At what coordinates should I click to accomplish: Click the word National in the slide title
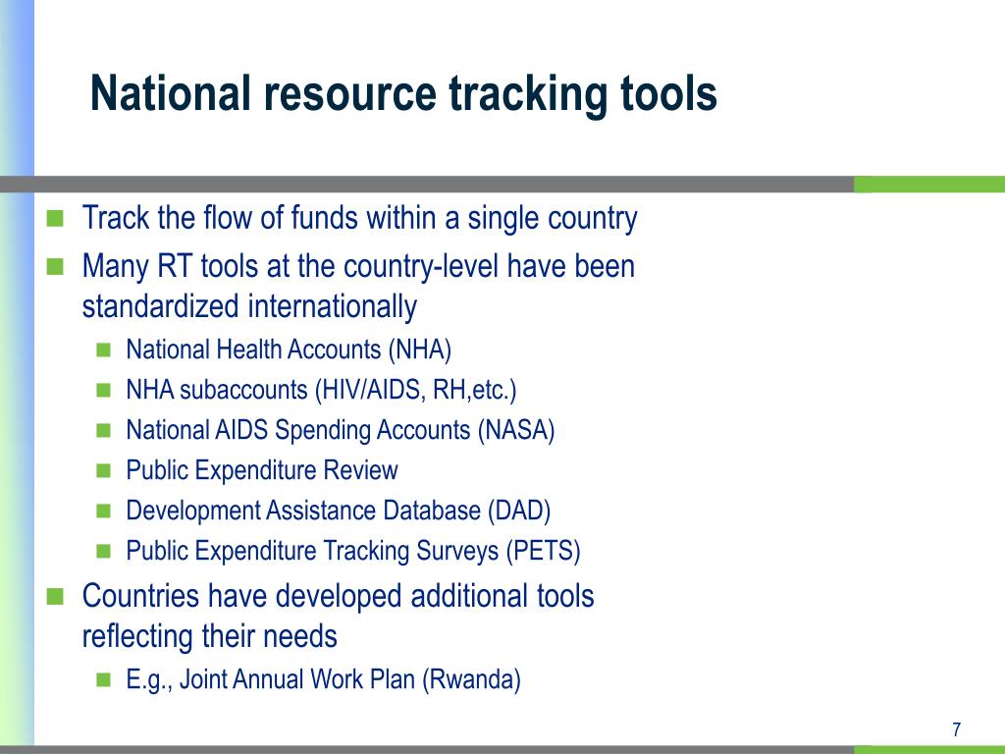point(171,93)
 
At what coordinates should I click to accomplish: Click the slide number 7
point(956,729)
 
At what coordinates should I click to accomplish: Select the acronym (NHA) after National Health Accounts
point(420,350)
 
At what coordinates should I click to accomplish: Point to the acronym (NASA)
point(516,430)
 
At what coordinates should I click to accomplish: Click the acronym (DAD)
point(519,511)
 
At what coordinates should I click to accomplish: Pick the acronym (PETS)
point(544,552)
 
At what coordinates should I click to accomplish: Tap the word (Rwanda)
point(471,679)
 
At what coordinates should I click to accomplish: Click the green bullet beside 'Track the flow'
point(55,219)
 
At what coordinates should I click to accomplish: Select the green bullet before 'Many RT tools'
point(55,267)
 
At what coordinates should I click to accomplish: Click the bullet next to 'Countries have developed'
point(55,597)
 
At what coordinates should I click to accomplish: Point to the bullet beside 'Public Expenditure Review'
point(103,470)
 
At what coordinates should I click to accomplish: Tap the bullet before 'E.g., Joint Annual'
point(103,679)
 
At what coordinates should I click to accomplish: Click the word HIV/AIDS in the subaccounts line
point(370,391)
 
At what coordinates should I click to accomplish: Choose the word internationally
point(333,307)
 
